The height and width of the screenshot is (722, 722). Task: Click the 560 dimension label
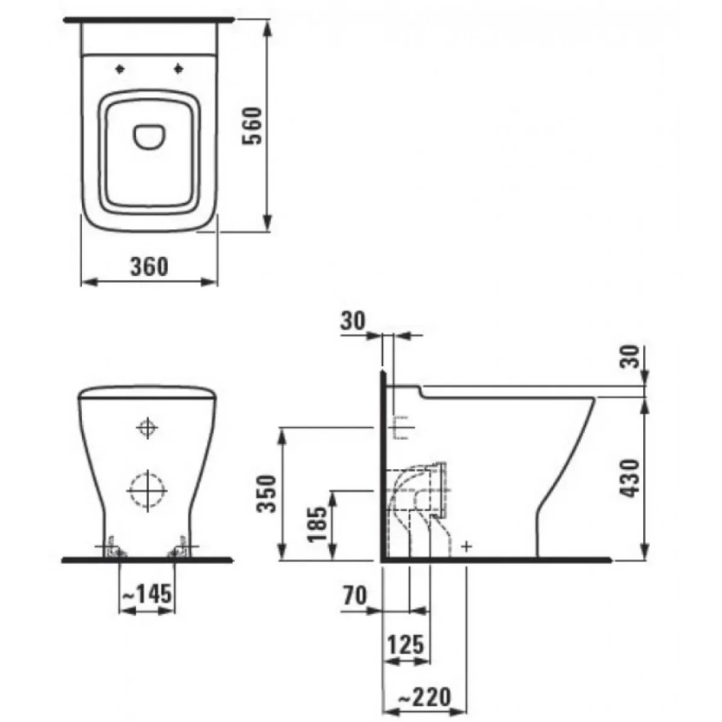click(x=251, y=126)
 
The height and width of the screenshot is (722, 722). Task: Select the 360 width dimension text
click(x=149, y=267)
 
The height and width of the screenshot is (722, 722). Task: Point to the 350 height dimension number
click(x=267, y=493)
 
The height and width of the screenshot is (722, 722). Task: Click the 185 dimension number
click(x=317, y=524)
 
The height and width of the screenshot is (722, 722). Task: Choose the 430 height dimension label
click(x=629, y=478)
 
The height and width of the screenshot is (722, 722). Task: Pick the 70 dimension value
click(x=354, y=596)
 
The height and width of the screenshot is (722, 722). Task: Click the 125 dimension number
click(x=406, y=644)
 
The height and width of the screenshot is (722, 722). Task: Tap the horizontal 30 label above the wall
click(x=353, y=321)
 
